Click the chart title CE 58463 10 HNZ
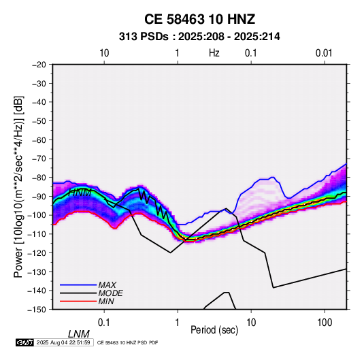coord(199,19)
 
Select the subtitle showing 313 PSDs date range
coord(199,37)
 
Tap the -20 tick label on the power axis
coord(39,65)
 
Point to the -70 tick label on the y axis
coord(39,159)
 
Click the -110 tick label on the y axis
coord(37,234)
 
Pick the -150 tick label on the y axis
coord(37,310)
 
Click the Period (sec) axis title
coord(214,330)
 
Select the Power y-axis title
coord(18,186)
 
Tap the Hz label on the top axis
coord(214,53)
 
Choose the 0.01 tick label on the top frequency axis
coord(324,53)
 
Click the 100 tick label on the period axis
coord(325,323)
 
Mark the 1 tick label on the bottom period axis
coord(178,323)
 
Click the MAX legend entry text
coord(107,284)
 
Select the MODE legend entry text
coord(110,293)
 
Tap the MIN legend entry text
coord(106,301)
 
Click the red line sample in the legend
coord(78,301)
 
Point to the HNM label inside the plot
coord(80,193)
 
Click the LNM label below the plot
coord(79,334)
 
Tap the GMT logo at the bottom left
coord(24,342)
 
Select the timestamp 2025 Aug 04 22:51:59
coord(63,342)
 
